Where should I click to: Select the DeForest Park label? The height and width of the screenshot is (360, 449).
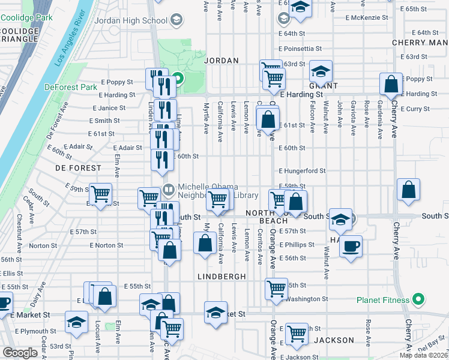point(71,87)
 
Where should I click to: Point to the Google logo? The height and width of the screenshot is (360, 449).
point(19,352)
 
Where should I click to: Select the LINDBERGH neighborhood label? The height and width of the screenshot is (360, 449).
point(221,277)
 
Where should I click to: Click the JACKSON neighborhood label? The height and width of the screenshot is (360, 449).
point(330,340)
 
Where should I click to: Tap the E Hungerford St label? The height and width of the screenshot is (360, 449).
point(302,170)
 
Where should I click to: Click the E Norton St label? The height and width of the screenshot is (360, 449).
point(106,245)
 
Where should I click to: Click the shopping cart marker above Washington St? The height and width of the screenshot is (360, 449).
point(276,289)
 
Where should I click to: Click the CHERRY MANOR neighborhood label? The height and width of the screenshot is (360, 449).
point(420,43)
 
